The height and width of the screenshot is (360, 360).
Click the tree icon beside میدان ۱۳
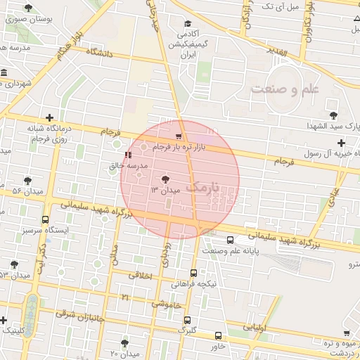click(165, 179)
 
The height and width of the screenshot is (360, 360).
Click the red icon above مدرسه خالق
click(127, 155)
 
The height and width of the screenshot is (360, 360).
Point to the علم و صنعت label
click(285, 89)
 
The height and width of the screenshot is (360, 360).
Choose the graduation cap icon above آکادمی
click(187, 23)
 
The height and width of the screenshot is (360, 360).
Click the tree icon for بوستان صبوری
click(28, 8)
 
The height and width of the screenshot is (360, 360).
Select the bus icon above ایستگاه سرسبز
click(46, 219)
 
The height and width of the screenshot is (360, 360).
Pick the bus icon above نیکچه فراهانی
click(193, 274)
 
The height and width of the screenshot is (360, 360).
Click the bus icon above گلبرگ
click(187, 319)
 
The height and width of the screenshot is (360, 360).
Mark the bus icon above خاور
click(218, 336)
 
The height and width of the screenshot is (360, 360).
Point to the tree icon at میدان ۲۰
click(124, 342)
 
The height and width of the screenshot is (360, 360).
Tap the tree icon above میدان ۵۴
click(27, 181)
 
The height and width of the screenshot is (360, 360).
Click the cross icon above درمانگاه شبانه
click(49, 118)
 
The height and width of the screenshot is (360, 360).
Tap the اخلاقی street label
click(141, 276)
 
